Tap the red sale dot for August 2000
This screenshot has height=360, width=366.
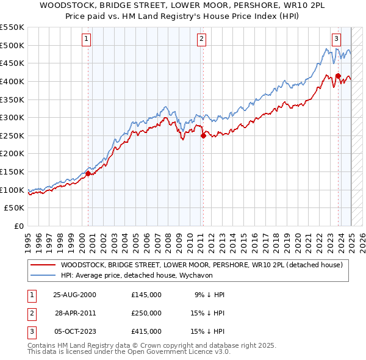point(88,173)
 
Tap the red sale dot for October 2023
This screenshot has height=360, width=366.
point(337,76)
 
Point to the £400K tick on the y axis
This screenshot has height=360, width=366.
point(12,81)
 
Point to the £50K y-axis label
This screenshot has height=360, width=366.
point(15,208)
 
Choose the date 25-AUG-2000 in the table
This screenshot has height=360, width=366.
point(75,294)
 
